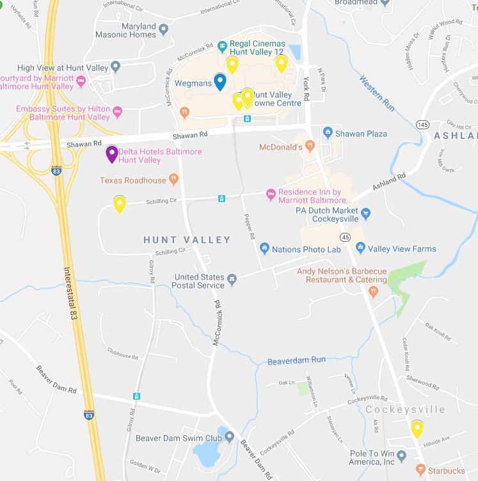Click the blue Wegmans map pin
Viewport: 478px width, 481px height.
coord(219,82)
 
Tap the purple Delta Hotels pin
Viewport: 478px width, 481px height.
coord(111,154)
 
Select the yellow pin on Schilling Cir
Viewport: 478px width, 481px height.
coord(119,204)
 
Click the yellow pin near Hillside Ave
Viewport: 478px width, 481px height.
coord(417,428)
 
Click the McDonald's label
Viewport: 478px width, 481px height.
coord(280,147)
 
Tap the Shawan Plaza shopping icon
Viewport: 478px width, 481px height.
coord(328,133)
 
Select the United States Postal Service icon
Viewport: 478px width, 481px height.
coord(232,278)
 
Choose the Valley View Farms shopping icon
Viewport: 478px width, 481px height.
coord(360,248)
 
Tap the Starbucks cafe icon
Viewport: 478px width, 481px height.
coord(420,471)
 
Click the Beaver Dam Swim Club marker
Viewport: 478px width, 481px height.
coord(228,438)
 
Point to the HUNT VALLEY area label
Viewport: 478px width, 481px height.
coord(187,240)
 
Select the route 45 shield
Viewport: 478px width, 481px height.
coord(345,237)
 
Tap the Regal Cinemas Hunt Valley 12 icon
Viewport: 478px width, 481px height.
coord(222,46)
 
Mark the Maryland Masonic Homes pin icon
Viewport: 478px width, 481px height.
coord(164,29)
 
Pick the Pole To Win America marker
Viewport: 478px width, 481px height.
coord(401,457)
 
